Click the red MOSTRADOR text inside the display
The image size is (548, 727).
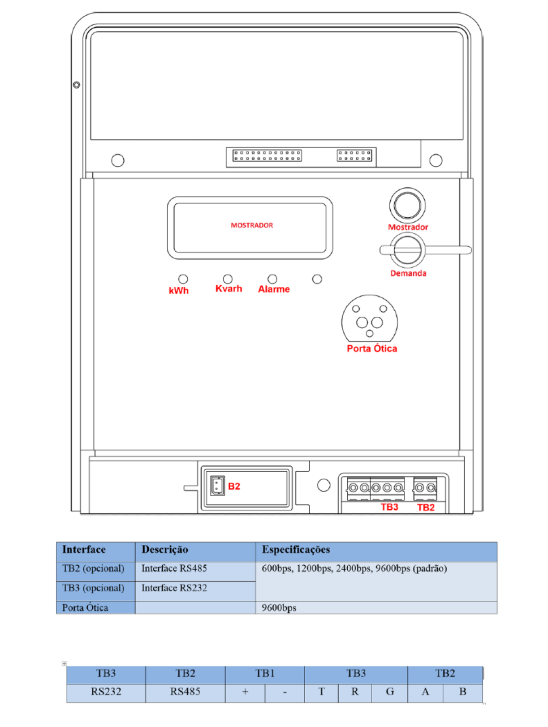click(252, 225)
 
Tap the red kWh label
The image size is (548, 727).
click(179, 291)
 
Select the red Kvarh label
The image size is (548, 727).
click(229, 288)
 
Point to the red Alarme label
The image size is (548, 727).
click(274, 289)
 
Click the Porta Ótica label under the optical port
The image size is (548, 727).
click(372, 348)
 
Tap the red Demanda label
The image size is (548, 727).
click(408, 273)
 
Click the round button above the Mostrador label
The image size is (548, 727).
click(407, 205)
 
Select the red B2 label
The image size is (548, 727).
click(234, 486)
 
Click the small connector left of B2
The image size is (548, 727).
click(217, 486)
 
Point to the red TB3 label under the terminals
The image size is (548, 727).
click(389, 507)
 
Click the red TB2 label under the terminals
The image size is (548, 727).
click(426, 507)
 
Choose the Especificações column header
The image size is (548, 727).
click(296, 549)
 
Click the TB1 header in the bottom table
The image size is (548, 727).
click(265, 673)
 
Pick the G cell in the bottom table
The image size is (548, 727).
click(390, 692)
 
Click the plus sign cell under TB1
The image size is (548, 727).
click(245, 692)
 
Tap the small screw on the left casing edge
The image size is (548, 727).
click(76, 85)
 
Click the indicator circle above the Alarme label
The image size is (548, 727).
click(272, 279)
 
